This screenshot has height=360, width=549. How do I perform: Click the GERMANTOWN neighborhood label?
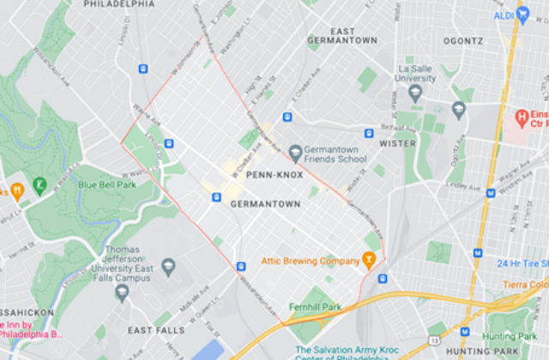[x=265, y=205]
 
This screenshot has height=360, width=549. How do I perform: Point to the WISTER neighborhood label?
[x=397, y=144]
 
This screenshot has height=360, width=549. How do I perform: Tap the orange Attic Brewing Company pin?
[x=370, y=258]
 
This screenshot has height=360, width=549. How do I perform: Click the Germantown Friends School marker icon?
[x=296, y=153]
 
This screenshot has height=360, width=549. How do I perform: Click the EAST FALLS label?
[x=154, y=330]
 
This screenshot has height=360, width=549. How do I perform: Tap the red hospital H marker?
[x=520, y=116]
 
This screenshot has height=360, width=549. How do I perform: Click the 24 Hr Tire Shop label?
[x=522, y=264]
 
